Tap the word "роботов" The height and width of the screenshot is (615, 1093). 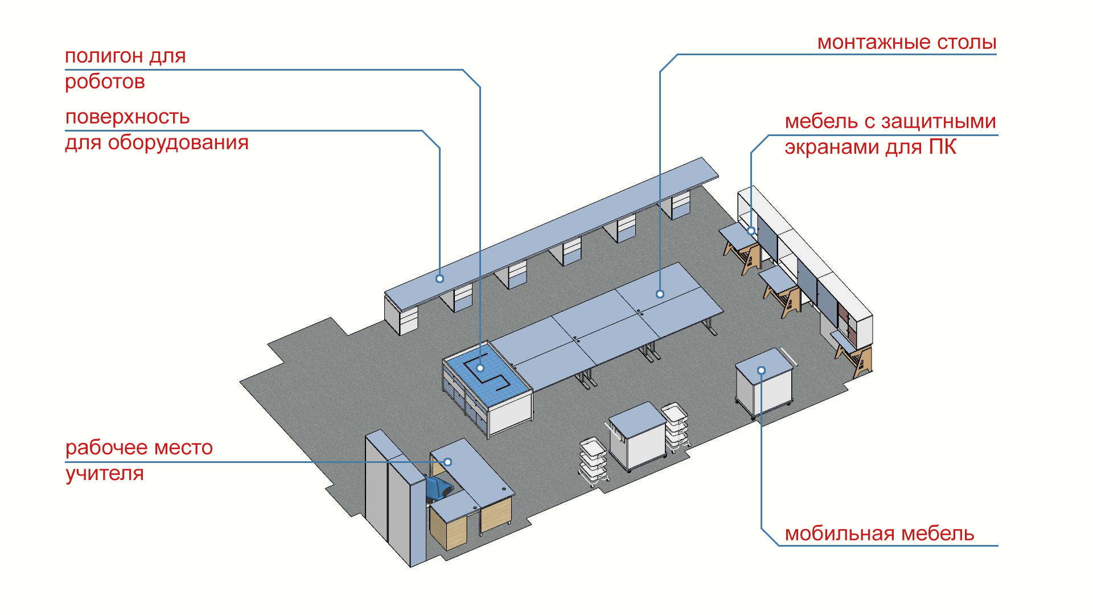105,82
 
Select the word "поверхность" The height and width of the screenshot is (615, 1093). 128,117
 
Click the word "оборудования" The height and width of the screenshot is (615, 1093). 178,142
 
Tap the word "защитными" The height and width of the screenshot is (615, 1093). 939,121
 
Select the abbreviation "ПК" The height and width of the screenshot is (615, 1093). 943,147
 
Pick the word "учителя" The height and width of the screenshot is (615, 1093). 105,473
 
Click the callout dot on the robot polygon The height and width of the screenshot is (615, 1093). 480,368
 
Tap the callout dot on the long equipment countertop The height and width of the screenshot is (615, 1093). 439,278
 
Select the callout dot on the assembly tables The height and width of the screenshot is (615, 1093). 660,294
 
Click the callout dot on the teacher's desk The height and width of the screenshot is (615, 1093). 448,462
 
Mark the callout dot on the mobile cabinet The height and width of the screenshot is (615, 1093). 761,371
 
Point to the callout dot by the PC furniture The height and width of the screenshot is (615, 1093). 751,231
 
